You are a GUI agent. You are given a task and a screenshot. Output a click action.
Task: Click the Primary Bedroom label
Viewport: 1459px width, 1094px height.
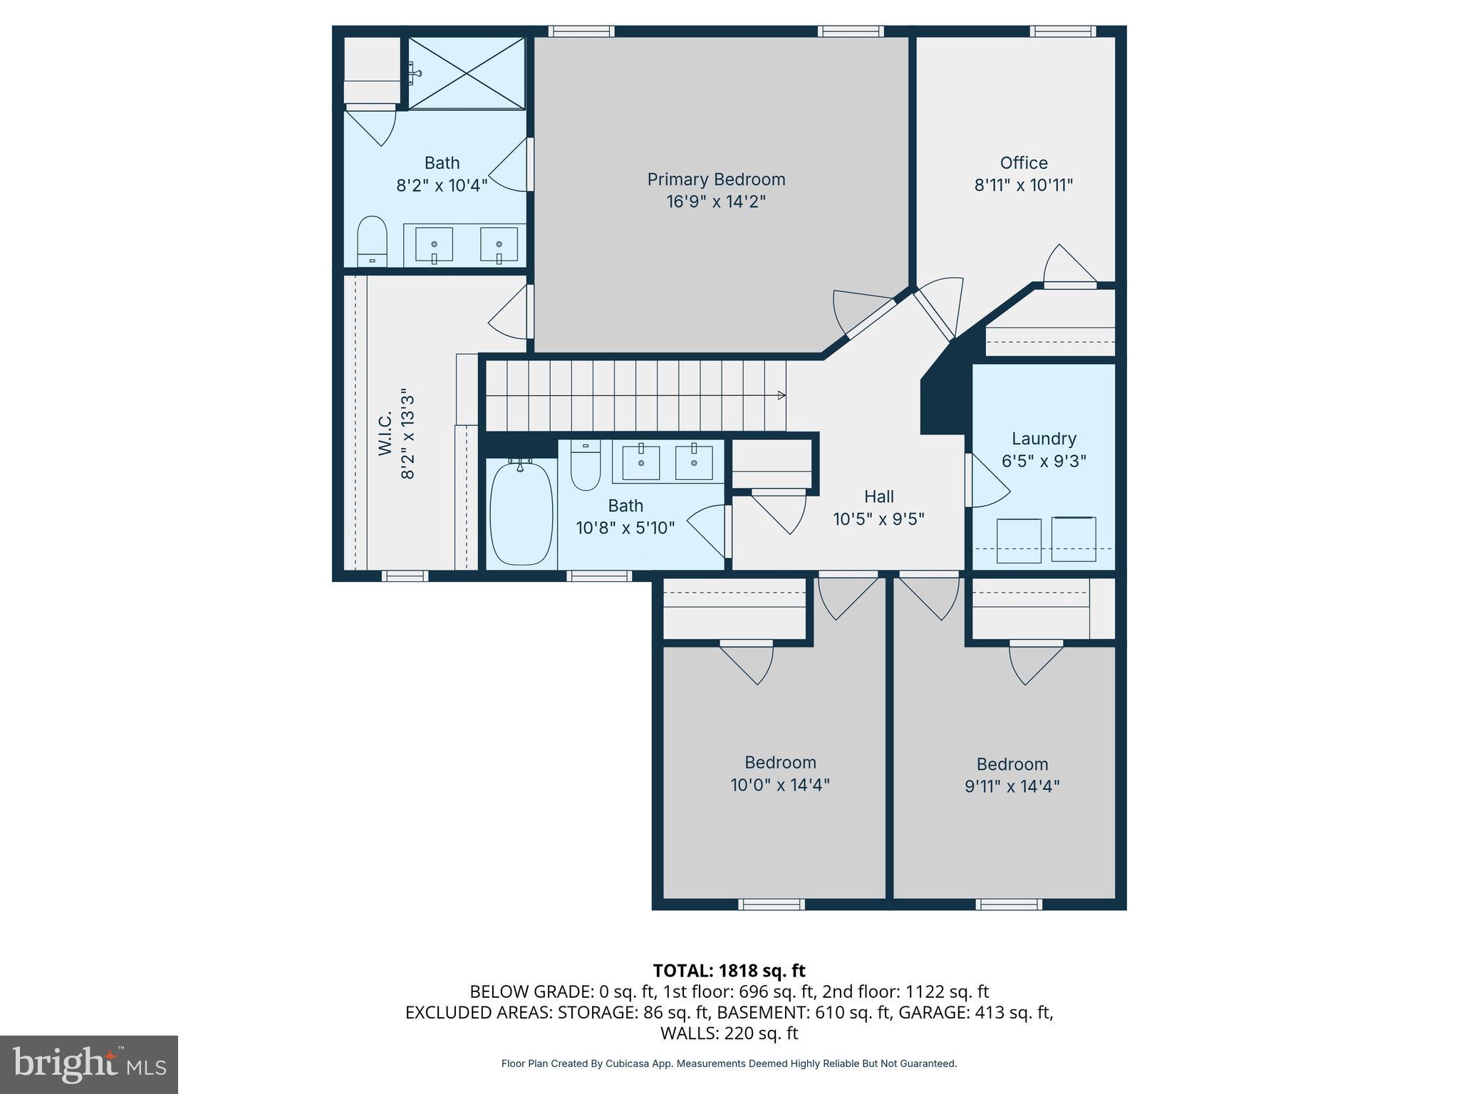(715, 179)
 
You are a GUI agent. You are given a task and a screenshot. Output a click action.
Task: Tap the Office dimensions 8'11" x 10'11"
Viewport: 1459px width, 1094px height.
(1023, 185)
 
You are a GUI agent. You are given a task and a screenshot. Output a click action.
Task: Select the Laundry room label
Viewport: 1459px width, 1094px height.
(1043, 439)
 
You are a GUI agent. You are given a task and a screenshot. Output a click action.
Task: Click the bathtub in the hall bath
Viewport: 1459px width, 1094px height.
(521, 513)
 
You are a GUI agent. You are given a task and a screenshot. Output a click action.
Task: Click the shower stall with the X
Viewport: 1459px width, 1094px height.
(466, 73)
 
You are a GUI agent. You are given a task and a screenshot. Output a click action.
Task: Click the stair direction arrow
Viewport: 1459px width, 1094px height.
(781, 395)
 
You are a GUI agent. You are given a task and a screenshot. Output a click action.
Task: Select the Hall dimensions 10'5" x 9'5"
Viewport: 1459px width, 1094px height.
(878, 519)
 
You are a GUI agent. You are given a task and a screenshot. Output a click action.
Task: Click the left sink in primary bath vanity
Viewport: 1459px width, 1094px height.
(433, 245)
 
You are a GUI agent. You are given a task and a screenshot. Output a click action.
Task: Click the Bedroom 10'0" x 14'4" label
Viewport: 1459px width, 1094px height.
(779, 773)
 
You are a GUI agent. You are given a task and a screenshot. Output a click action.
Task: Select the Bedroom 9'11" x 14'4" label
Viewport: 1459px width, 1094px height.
(1012, 775)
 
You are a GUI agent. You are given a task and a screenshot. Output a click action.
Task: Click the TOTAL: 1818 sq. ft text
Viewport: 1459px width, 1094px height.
(729, 971)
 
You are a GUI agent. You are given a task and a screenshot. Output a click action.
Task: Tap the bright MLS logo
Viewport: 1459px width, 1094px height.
(88, 1064)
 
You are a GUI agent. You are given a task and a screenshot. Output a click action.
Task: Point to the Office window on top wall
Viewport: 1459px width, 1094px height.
(1062, 31)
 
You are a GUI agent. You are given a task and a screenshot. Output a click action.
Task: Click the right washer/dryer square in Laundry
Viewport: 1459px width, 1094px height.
(1073, 539)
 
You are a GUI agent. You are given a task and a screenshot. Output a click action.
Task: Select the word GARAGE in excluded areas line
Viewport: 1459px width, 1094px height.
(938, 1012)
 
